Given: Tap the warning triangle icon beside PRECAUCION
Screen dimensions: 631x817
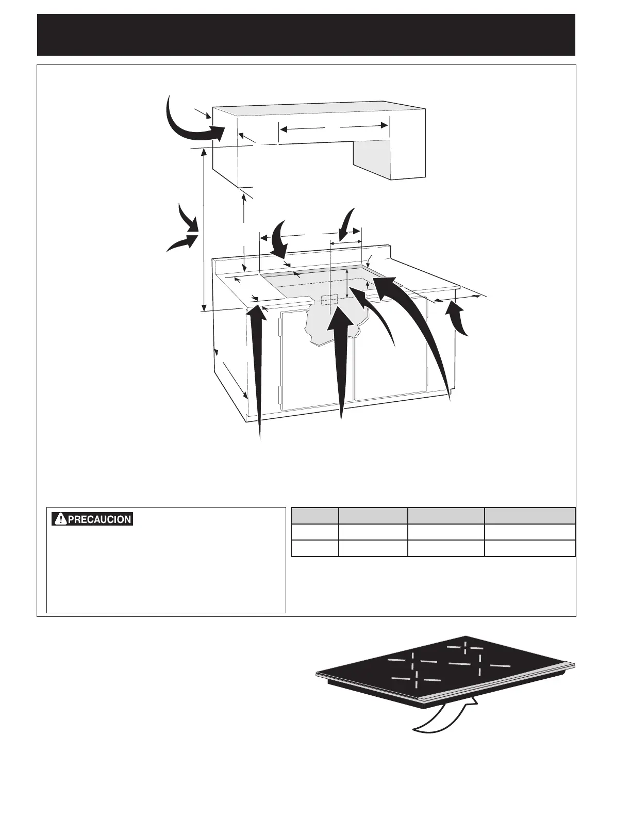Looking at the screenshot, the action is pyautogui.click(x=61, y=519).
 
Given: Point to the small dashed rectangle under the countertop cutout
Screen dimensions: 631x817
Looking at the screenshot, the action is pyautogui.click(x=328, y=300).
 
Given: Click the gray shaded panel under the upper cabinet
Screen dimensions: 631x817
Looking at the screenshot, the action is pyautogui.click(x=371, y=159).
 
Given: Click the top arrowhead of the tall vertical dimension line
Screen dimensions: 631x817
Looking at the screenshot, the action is pyautogui.click(x=204, y=151).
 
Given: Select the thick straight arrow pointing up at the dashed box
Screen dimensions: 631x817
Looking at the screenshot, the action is pyautogui.click(x=340, y=361).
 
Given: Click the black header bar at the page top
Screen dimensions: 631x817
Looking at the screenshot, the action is pyautogui.click(x=306, y=35).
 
